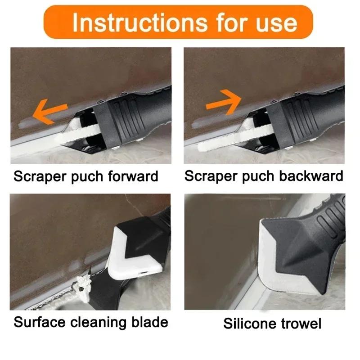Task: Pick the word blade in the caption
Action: coord(152,322)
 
